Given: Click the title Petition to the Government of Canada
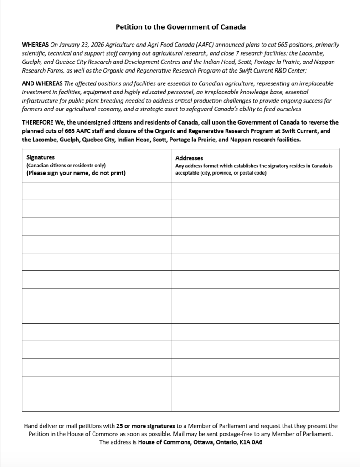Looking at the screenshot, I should pos(180,27).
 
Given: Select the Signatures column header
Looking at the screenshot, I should pos(41,157).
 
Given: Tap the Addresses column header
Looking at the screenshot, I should pos(189,158).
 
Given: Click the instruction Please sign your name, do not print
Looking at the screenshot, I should pos(76,173).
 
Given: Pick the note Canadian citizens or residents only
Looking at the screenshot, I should pos(66,166).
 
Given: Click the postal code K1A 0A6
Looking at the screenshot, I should pos(251,442).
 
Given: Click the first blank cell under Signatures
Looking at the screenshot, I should pos(96,191).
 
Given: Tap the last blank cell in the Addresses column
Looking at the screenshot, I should pos(255,403).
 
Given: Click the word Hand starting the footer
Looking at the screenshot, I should pos(32,426).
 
